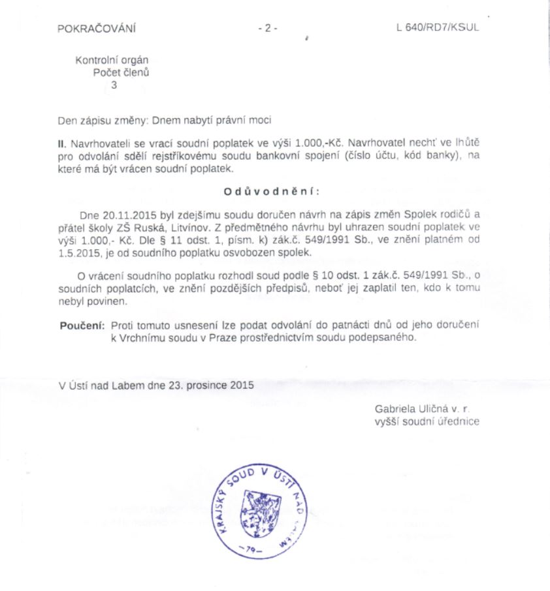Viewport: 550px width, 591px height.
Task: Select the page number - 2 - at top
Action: point(268,28)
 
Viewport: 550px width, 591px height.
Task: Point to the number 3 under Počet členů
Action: point(114,84)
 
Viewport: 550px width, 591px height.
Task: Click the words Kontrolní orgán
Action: point(116,61)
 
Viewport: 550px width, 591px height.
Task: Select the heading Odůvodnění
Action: point(272,191)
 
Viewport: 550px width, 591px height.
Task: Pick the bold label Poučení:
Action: point(82,324)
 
